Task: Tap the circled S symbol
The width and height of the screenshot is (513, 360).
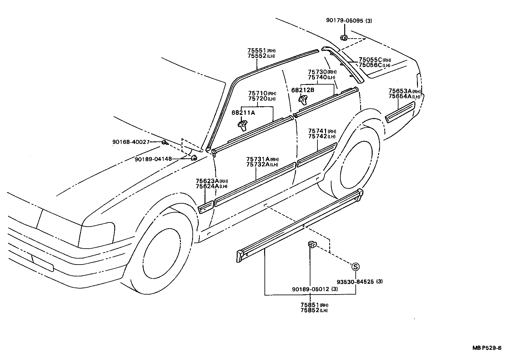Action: click(355, 267)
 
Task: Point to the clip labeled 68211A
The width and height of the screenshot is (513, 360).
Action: click(243, 124)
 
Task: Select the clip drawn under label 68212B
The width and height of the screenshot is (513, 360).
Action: click(302, 100)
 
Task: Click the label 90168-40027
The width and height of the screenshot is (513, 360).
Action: click(131, 142)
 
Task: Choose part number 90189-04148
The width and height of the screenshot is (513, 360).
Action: click(153, 159)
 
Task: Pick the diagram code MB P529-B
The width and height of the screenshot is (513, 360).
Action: click(487, 348)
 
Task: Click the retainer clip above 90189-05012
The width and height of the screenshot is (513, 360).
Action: click(312, 244)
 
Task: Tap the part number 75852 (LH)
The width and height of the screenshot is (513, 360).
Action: click(314, 310)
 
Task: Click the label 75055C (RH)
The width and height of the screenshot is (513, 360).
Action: click(374, 60)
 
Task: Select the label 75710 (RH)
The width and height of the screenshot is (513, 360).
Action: click(262, 93)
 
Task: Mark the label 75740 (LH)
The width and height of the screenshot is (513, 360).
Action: click(321, 77)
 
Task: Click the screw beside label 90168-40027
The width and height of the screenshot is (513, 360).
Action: click(165, 142)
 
